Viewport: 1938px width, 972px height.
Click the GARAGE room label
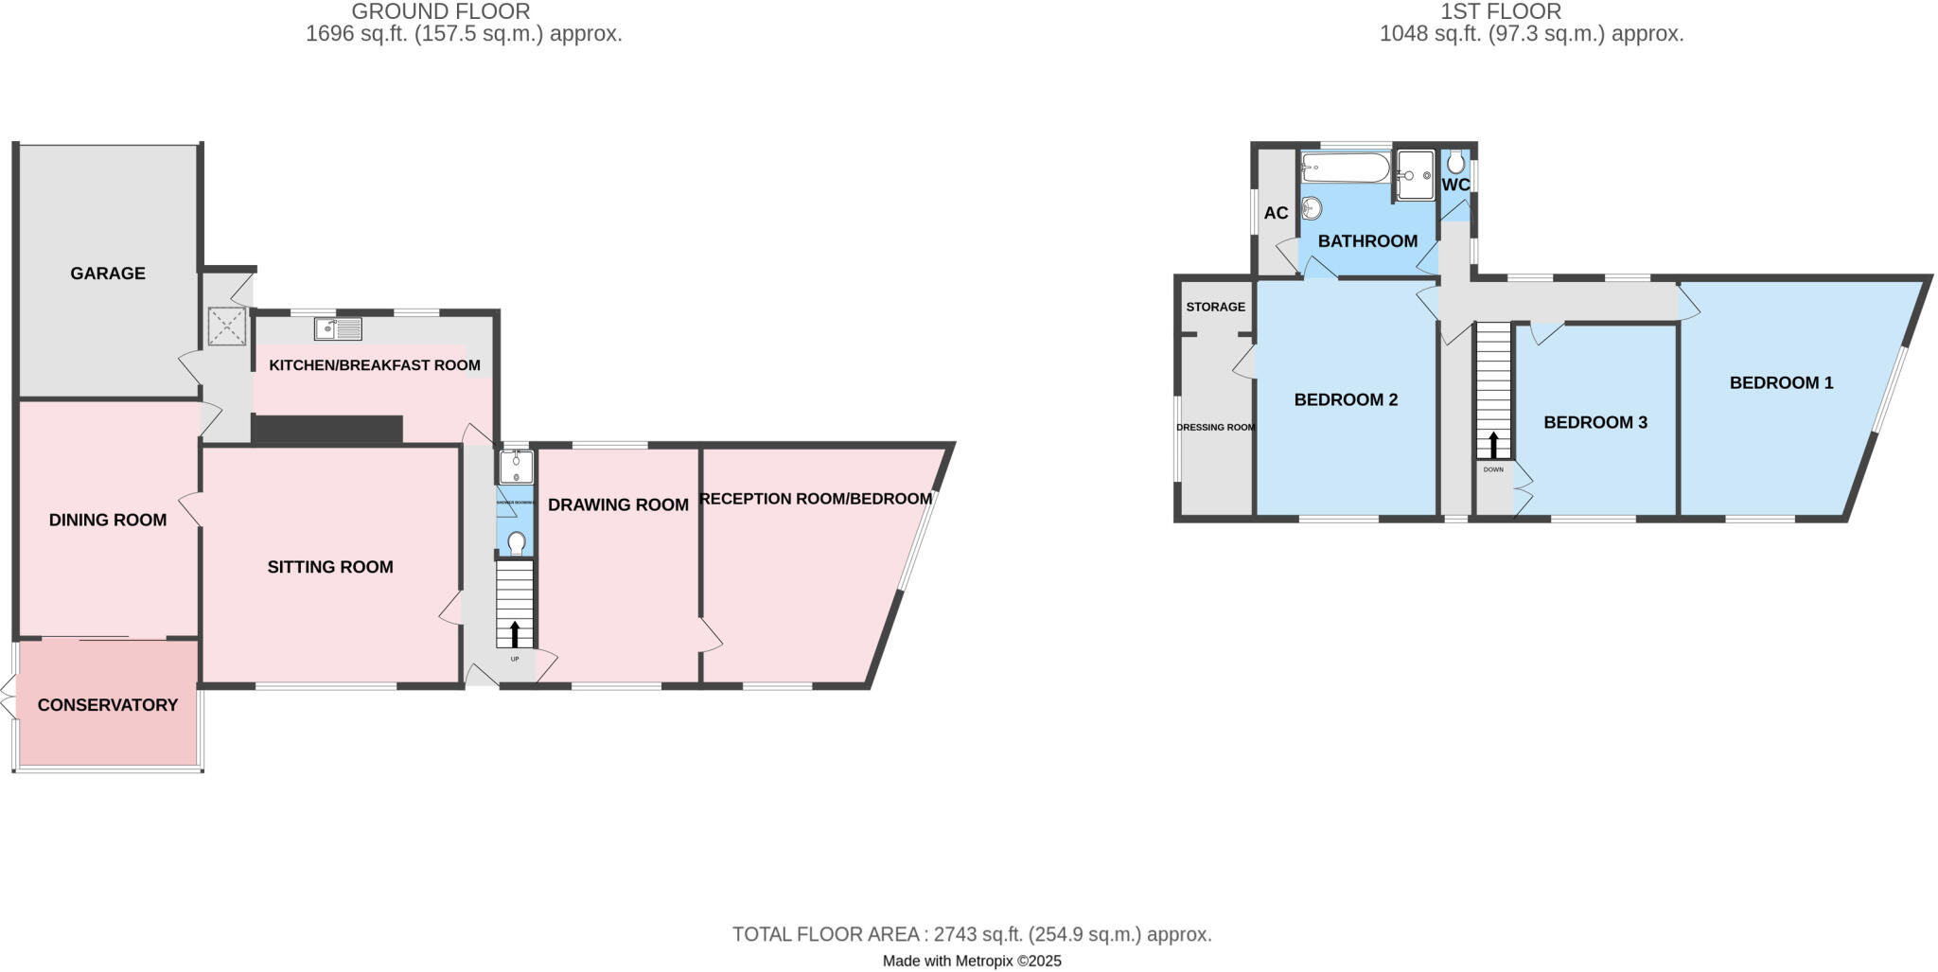tap(108, 274)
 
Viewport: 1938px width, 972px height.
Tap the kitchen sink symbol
tap(338, 328)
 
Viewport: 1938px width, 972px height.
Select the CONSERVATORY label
tap(108, 705)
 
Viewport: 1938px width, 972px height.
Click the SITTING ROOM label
tap(330, 567)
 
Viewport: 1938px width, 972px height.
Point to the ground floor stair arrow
tap(515, 633)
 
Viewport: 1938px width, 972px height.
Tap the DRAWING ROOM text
tap(618, 504)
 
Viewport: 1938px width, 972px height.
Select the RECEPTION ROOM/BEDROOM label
tap(816, 499)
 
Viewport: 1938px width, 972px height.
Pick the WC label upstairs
tap(1455, 185)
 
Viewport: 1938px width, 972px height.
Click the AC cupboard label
tap(1276, 213)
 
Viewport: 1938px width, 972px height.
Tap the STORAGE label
tap(1215, 307)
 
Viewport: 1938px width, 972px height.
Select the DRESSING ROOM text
tap(1215, 427)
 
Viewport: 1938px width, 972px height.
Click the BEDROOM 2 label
tap(1346, 399)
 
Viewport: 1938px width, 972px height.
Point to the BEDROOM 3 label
tap(1595, 422)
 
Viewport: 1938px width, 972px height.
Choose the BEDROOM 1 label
tap(1781, 382)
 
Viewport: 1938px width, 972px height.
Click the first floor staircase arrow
tap(1493, 445)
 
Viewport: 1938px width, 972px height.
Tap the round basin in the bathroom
tap(1312, 207)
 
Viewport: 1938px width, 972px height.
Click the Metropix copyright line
tap(972, 961)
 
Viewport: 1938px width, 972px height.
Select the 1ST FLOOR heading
tap(1501, 11)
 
